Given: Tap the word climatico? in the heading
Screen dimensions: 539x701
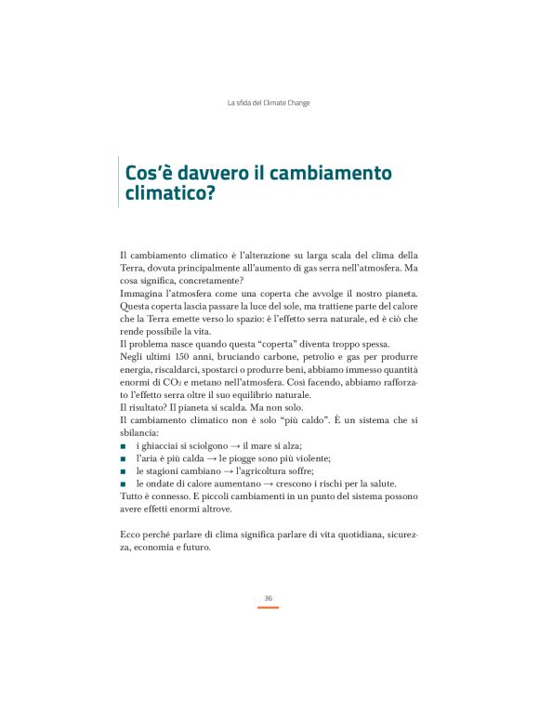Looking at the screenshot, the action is pos(176,196).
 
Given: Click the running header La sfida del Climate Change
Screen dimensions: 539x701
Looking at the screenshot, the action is pos(269,102).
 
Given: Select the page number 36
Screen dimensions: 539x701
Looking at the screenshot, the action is pos(269,597).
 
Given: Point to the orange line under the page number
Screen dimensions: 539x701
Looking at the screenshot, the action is pos(269,607).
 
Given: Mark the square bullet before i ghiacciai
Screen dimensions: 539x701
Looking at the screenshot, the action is pos(123,446).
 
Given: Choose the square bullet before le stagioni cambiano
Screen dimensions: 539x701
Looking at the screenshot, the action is pos(123,470).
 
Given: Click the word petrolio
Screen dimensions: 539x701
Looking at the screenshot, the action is pos(299,358).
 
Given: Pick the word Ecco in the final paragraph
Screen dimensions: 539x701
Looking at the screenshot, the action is pos(133,535).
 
